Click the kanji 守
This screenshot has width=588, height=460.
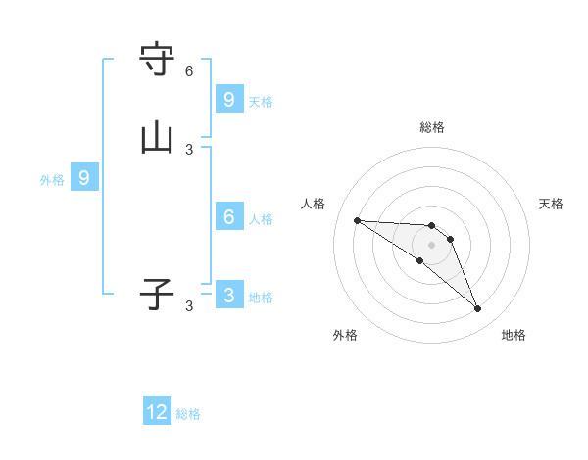coord(157,60)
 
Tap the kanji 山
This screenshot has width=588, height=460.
coord(157,138)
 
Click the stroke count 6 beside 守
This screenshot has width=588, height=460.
coord(189,71)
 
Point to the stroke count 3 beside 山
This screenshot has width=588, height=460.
coord(189,150)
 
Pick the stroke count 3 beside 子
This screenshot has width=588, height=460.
coord(189,306)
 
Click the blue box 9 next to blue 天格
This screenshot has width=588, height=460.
coord(229,99)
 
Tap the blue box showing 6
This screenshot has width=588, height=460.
coord(229,216)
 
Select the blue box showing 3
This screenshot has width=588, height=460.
coord(229,295)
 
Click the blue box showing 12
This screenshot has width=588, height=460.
coord(157,412)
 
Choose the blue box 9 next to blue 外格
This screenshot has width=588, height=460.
coord(84,178)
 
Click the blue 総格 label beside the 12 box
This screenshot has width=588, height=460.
coord(188,414)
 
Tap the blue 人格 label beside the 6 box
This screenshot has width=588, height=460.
coord(261,218)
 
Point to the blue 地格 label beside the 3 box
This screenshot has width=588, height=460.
coord(261,297)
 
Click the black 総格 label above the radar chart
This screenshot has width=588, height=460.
coord(432,127)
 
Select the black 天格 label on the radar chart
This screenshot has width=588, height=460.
coord(551,204)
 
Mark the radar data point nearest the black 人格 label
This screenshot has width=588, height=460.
coord(357,220)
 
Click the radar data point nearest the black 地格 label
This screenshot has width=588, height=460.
coord(477,309)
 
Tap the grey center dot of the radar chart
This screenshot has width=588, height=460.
coord(431,245)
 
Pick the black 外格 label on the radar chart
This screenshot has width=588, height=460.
coord(345,335)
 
